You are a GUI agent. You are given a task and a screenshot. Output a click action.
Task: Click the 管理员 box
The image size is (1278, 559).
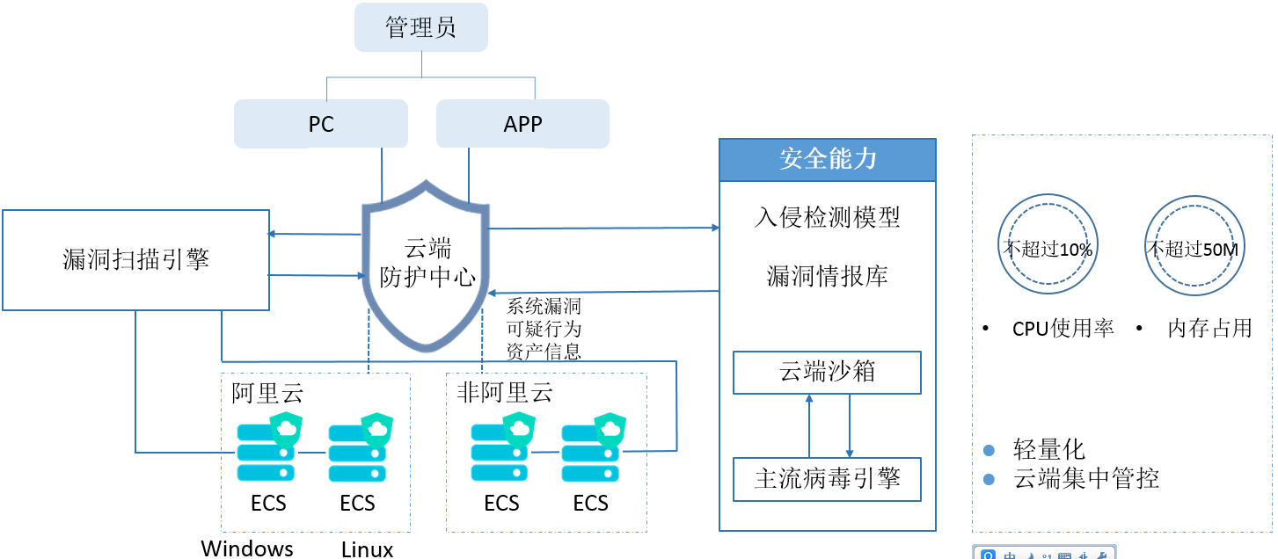click(x=420, y=27)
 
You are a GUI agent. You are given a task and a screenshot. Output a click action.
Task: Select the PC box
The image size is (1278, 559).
click(x=321, y=124)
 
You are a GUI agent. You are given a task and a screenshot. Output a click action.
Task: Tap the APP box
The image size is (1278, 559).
click(x=522, y=124)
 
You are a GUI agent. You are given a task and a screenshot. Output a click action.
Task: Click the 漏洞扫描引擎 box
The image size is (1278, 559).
click(x=136, y=259)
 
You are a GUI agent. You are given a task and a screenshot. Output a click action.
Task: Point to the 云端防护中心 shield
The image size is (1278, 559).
click(x=427, y=264)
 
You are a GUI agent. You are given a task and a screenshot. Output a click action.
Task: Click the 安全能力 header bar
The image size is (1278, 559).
click(x=827, y=159)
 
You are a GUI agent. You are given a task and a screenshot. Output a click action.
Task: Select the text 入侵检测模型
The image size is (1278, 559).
click(x=827, y=217)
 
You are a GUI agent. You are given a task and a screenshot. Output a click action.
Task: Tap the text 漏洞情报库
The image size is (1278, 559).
click(x=827, y=277)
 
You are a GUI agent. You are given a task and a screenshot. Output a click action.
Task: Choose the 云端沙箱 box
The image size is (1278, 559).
click(x=827, y=372)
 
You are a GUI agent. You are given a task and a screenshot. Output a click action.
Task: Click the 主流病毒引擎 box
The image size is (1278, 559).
click(x=827, y=479)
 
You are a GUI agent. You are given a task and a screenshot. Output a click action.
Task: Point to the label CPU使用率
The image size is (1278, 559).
click(x=1063, y=329)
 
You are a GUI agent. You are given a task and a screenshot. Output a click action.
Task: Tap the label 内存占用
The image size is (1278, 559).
click(x=1209, y=329)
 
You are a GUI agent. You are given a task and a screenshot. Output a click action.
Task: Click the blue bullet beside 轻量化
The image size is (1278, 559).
click(x=989, y=451)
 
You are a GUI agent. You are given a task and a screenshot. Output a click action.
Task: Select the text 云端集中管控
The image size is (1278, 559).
click(x=1086, y=479)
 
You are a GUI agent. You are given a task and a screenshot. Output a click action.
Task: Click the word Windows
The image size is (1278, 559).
click(x=247, y=549)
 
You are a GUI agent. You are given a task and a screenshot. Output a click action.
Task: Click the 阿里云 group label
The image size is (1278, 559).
click(x=267, y=393)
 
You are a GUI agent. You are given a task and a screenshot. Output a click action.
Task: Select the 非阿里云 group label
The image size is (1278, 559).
click(x=505, y=393)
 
